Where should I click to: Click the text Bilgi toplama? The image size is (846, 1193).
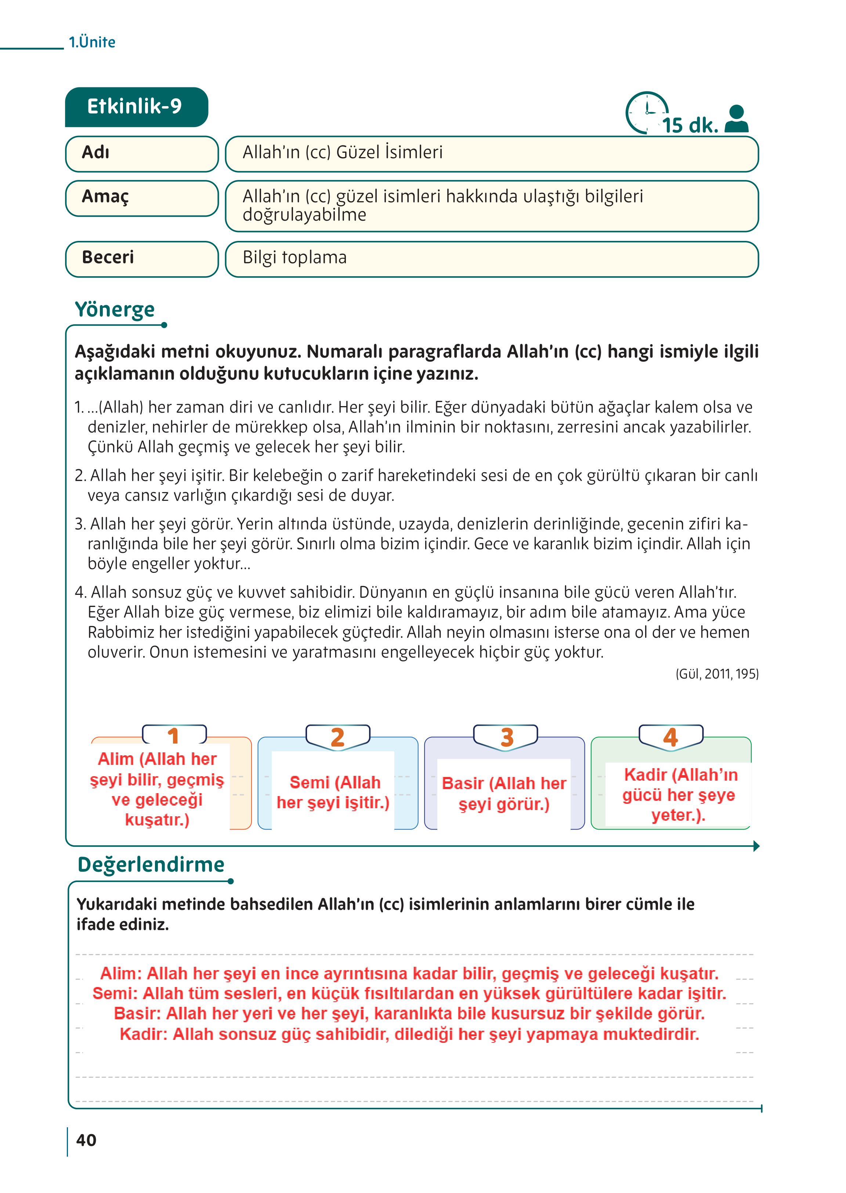[x=294, y=258]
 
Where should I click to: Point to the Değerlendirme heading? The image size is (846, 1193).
[x=151, y=864]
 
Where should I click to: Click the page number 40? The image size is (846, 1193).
[x=87, y=1140]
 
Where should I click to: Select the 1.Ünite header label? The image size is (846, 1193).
[x=92, y=42]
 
